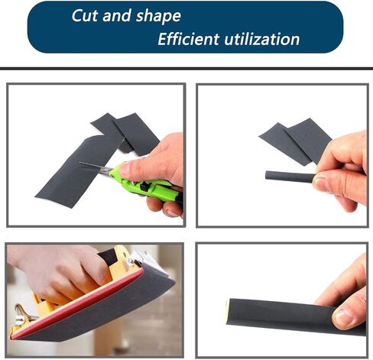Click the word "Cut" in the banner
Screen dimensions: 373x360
(85, 15)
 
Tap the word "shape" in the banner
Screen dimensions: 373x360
(158, 17)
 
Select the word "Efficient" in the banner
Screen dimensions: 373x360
(189, 39)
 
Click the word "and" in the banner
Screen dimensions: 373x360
(117, 15)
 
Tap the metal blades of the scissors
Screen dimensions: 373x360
(96, 167)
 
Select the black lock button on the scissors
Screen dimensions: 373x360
(144, 186)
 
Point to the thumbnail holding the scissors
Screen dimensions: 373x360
(125, 169)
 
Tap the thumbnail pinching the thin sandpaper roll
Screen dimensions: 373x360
(319, 182)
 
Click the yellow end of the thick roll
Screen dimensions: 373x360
(227, 311)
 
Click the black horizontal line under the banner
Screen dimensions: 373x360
(186, 68)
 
